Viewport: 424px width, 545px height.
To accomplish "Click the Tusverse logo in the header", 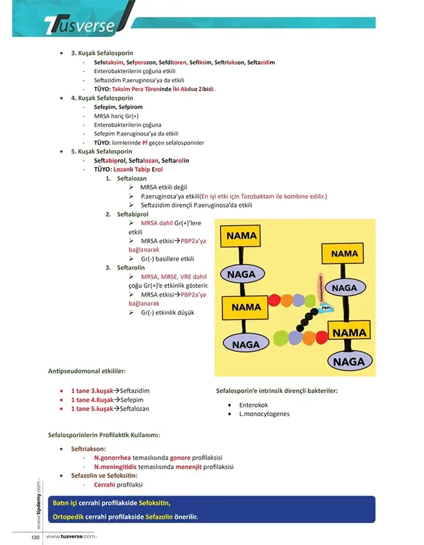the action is (79, 25).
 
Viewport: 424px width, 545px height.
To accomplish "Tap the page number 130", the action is (36, 537).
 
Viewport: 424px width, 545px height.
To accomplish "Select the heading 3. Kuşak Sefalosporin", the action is (102, 53).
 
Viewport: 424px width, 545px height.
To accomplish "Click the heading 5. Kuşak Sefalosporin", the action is (102, 151).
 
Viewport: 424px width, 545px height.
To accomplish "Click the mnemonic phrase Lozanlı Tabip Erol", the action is (138, 170).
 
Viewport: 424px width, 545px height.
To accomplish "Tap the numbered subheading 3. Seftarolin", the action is (125, 268).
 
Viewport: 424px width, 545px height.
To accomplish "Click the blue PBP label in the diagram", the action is (326, 308).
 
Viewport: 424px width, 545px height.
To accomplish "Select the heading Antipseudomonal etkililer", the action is (87, 371).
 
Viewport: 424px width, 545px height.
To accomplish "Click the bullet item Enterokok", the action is (253, 405).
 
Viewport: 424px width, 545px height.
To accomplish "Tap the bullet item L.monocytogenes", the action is (264, 414).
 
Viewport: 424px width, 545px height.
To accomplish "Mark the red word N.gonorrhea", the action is (112, 458).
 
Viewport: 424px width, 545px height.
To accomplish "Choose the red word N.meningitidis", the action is (115, 467).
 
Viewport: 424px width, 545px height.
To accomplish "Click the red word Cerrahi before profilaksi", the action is (104, 484).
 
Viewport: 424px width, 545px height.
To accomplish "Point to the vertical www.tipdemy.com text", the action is (39, 504).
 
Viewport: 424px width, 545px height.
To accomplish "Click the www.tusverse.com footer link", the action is (71, 537).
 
